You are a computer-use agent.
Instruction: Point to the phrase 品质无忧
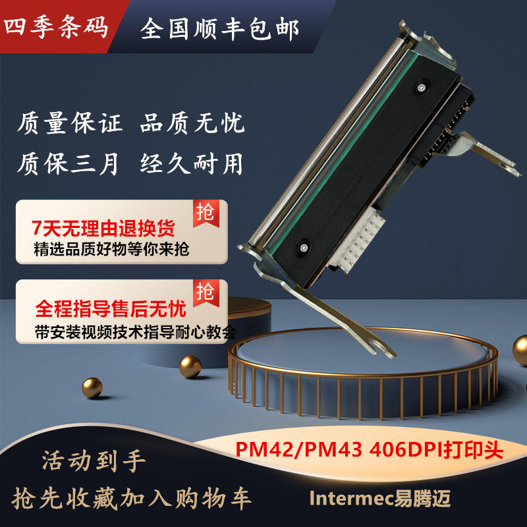coord(192,123)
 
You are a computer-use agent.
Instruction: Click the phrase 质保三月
coord(69,163)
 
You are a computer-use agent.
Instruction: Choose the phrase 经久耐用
coord(192,163)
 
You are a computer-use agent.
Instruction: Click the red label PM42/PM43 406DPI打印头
coord(369,451)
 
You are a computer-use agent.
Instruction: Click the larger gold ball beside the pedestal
coord(190,366)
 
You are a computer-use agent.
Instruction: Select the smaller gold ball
coord(92,387)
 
